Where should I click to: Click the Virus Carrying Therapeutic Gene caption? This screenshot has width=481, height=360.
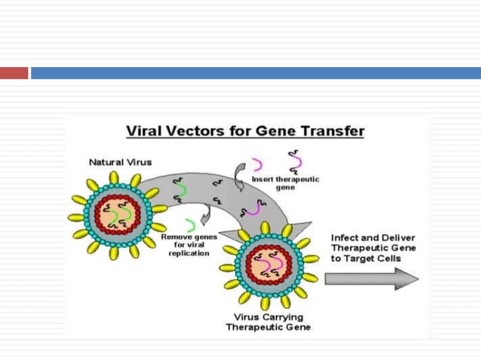[268, 322]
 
